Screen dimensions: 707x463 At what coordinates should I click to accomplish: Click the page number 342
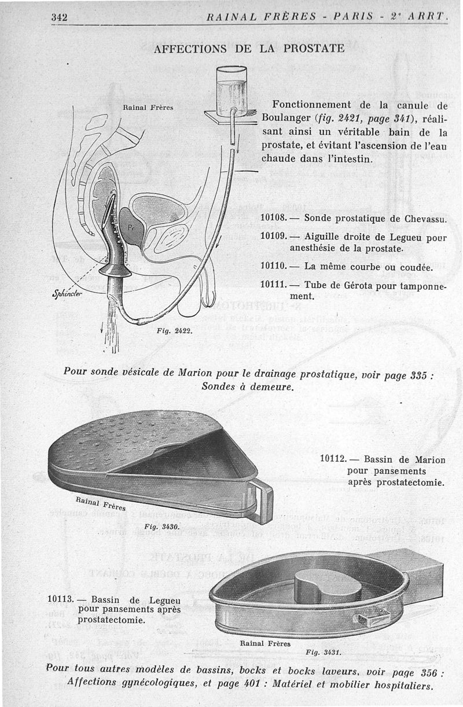(60, 17)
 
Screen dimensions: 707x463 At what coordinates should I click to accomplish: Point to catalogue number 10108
(274, 219)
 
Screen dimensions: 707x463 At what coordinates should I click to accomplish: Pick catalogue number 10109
(274, 236)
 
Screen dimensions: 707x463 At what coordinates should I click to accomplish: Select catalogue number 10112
(333, 459)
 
